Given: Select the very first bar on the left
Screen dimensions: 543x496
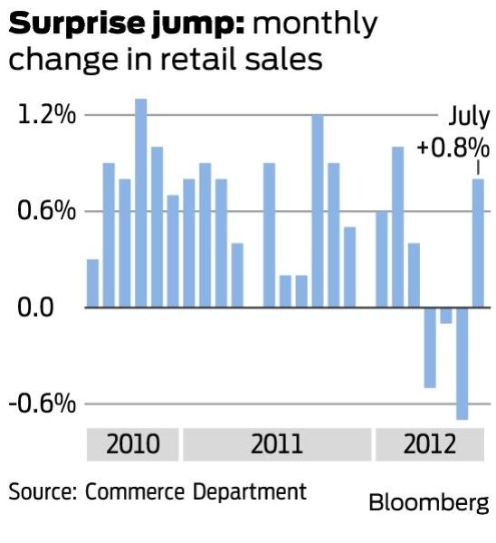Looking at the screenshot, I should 92,283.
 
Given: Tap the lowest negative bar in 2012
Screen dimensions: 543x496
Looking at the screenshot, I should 462,363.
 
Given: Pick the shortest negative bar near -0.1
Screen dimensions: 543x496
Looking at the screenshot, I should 445,316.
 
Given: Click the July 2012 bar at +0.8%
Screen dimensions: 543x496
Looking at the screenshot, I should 478,243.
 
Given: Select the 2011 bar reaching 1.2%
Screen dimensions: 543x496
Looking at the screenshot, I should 318,211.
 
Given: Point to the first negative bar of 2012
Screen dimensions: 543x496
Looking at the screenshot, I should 429,348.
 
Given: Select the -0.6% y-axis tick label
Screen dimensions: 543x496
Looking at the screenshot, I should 42,404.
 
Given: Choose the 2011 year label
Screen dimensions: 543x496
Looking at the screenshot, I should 277,445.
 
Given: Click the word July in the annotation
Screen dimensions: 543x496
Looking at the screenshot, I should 469,117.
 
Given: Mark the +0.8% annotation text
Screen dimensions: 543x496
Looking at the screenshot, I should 453,147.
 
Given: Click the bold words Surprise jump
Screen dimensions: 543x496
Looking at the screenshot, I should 127,24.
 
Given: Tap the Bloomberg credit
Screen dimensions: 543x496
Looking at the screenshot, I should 428,502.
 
